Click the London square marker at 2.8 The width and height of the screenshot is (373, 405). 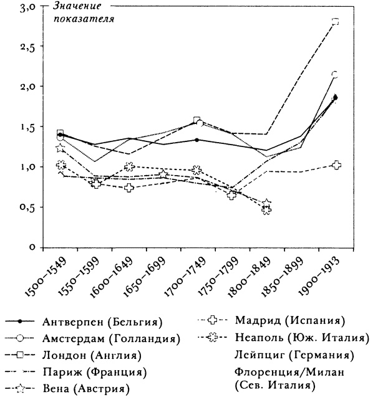point(336,21)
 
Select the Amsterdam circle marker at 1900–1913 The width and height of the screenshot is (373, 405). point(336,75)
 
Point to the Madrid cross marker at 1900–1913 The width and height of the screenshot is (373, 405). point(337,164)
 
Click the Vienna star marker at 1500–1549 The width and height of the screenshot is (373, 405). point(61,148)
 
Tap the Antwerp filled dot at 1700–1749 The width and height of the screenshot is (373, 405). point(197,140)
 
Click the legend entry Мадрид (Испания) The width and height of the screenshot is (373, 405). point(290,322)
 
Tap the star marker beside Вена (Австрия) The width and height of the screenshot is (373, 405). point(21,389)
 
